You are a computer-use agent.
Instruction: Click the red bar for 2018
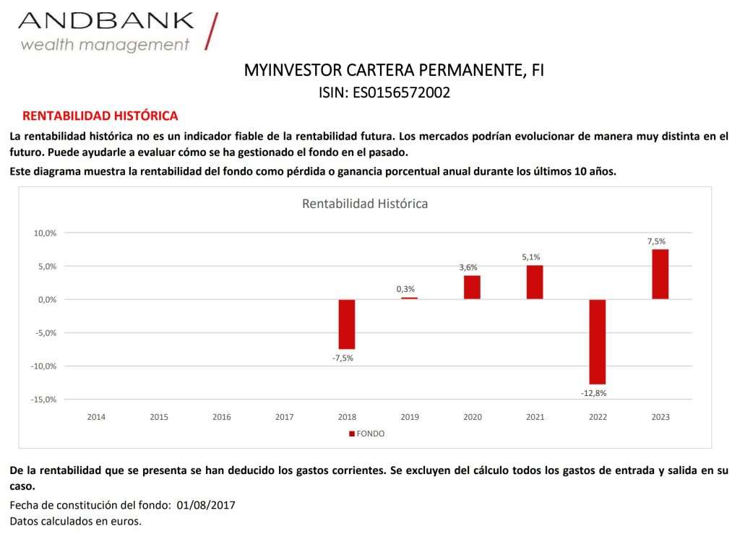point(347,324)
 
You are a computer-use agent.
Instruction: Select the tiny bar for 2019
point(409,298)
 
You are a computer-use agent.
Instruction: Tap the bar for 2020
point(472,287)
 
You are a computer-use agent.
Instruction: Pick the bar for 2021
point(535,282)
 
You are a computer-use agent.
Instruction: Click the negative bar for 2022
point(597,341)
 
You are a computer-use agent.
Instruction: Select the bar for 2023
point(660,274)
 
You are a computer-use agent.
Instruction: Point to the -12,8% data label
point(593,393)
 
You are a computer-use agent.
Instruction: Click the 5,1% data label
point(531,257)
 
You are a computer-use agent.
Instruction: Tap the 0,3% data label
point(405,289)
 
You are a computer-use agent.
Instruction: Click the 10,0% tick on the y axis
point(45,233)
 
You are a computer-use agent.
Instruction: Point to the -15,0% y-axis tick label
point(43,400)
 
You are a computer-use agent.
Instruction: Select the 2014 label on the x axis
point(96,417)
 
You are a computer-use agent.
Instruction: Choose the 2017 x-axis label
point(284,417)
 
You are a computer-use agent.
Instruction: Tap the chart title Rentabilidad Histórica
point(365,204)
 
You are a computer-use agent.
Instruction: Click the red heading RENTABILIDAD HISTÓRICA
point(100,116)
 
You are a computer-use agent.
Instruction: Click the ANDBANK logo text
point(106,20)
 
